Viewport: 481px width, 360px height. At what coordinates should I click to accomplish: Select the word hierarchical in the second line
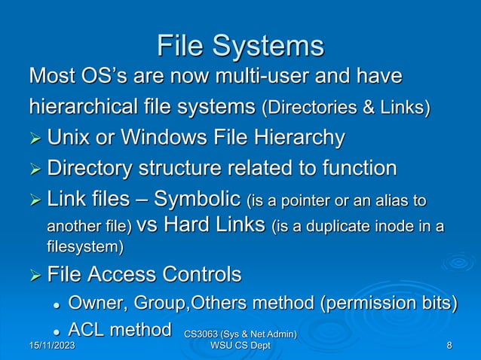pyautogui.click(x=90, y=107)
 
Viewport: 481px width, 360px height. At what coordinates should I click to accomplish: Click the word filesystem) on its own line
pyautogui.click(x=83, y=246)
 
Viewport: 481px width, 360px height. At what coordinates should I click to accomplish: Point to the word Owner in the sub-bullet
pyautogui.click(x=97, y=303)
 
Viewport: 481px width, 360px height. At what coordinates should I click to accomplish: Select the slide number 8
pyautogui.click(x=449, y=345)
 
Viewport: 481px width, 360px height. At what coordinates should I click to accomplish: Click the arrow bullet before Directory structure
pyautogui.click(x=35, y=169)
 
